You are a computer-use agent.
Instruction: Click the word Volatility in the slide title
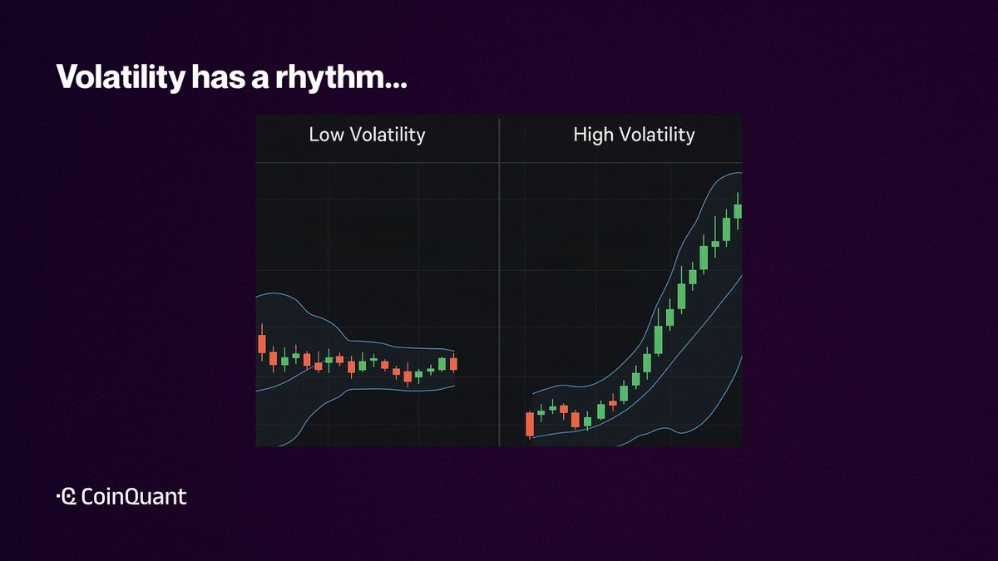pyautogui.click(x=121, y=77)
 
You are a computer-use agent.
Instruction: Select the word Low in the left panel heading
pyautogui.click(x=326, y=135)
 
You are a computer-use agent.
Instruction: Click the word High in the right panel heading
pyautogui.click(x=591, y=135)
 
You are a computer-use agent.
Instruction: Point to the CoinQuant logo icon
pyautogui.click(x=67, y=496)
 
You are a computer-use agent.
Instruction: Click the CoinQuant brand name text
pyautogui.click(x=134, y=496)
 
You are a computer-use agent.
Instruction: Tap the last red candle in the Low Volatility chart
pyautogui.click(x=453, y=364)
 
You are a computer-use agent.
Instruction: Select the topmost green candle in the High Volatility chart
pyautogui.click(x=738, y=211)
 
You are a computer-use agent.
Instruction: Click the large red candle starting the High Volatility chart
pyautogui.click(x=530, y=425)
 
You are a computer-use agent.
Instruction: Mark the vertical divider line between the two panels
pyautogui.click(x=500, y=283)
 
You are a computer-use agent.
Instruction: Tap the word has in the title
pyautogui.click(x=218, y=77)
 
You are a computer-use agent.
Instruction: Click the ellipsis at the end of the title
pyautogui.click(x=397, y=86)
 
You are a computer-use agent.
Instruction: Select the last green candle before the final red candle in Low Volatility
pyautogui.click(x=442, y=364)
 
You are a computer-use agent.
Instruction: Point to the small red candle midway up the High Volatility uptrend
pyautogui.click(x=613, y=402)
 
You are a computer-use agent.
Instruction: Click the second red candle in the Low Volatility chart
pyautogui.click(x=273, y=358)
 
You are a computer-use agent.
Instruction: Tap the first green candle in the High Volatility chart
pyautogui.click(x=541, y=413)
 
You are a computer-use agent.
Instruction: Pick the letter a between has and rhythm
pyautogui.click(x=259, y=80)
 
